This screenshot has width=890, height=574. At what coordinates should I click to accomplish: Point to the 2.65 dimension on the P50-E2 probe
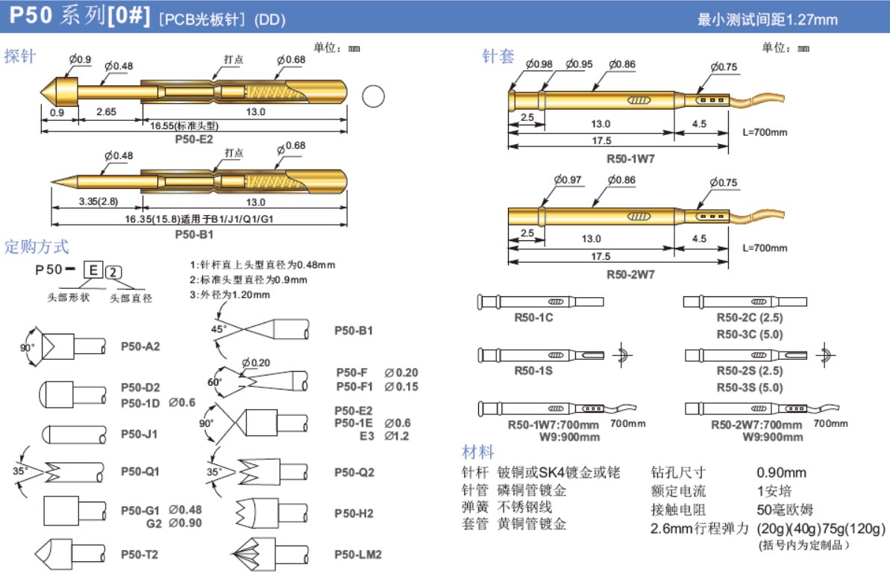[107, 112]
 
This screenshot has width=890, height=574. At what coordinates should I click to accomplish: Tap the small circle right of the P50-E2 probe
[372, 97]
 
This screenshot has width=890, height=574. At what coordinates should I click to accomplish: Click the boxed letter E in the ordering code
[93, 269]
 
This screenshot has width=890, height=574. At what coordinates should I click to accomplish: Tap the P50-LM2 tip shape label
[358, 555]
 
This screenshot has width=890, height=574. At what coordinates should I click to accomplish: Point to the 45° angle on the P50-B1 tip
[218, 328]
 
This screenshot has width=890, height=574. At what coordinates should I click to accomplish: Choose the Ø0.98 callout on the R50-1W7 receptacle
[539, 64]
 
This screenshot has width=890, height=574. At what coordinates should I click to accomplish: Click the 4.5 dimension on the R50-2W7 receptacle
[699, 239]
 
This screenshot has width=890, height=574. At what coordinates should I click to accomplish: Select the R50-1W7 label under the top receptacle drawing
[630, 159]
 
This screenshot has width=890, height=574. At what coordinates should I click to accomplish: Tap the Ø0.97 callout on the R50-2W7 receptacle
[567, 180]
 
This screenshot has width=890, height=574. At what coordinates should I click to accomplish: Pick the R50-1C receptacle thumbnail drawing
[539, 302]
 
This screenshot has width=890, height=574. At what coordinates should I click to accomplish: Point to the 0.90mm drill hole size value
[781, 472]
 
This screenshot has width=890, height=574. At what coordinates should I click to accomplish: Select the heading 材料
[478, 452]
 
